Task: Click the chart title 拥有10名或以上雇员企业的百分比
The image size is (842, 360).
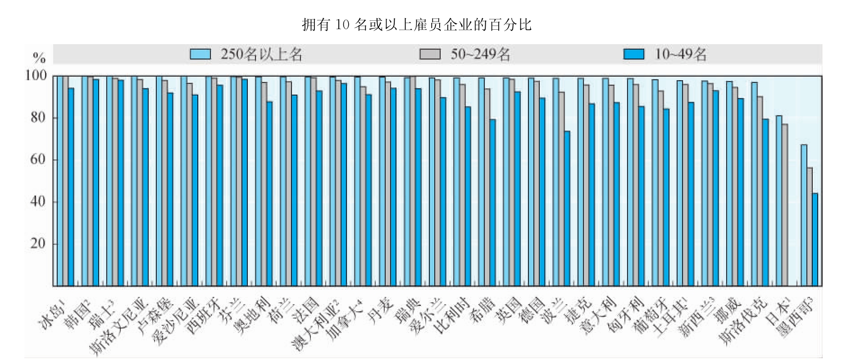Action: click(x=416, y=24)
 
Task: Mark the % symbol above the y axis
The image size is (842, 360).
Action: click(x=39, y=58)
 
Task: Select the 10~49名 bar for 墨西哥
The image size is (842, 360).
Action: click(x=815, y=239)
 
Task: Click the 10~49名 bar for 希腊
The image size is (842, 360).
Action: click(x=493, y=202)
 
